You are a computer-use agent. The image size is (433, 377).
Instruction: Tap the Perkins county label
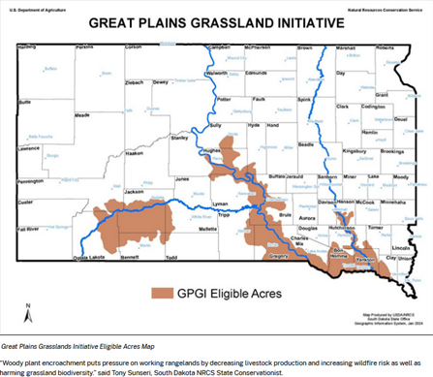tap(85, 47)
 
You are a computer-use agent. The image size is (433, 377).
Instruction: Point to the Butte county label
tap(25, 101)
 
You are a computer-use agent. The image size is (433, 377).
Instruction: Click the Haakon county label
tap(135, 153)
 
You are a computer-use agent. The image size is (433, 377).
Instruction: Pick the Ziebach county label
tap(136, 82)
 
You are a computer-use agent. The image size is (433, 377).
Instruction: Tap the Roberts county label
tap(385, 47)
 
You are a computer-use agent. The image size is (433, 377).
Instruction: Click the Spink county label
tap(304, 99)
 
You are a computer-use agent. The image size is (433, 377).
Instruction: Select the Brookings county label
tap(391, 151)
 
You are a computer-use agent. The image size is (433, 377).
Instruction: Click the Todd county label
tap(170, 258)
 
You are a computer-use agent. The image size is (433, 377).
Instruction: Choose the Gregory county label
tap(278, 258)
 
